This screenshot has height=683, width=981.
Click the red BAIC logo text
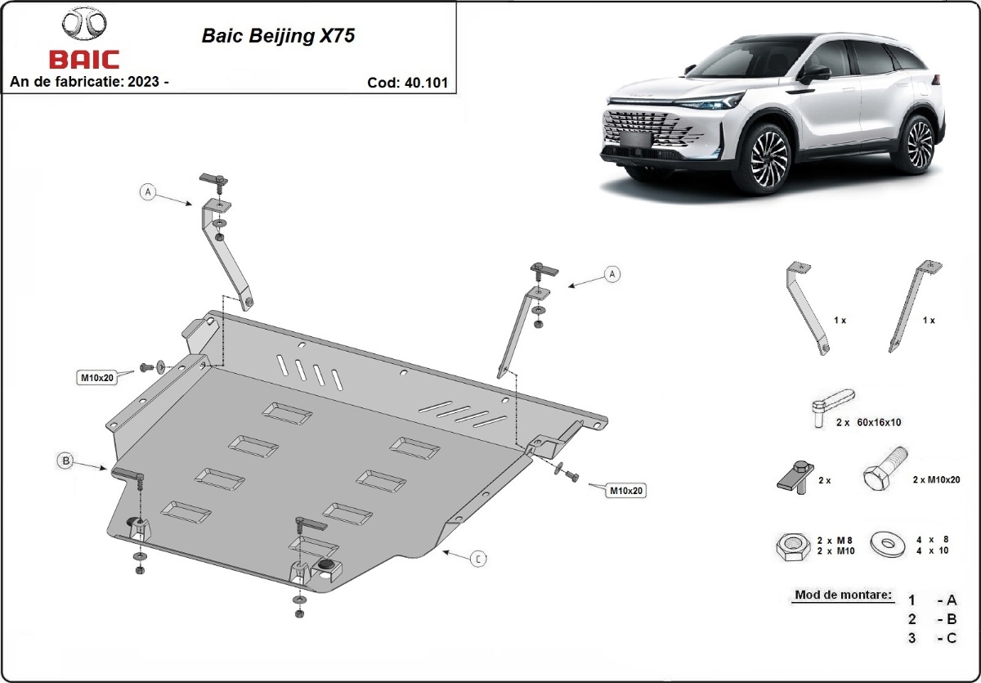coord(84,60)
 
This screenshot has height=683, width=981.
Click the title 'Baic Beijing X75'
coord(278,37)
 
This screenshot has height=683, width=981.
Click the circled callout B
coord(65,461)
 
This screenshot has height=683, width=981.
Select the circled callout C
coord(478,559)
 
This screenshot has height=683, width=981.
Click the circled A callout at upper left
coord(147,192)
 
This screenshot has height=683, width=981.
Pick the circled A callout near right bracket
coord(611,274)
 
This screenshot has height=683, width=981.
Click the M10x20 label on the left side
coord(96,377)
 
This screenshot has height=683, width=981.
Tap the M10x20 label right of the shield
coord(625,491)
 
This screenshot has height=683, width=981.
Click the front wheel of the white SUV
coord(768,155)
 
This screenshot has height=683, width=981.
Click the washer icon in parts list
coord(886,543)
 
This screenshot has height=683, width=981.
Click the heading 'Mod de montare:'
coord(842,595)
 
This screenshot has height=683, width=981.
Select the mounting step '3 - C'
coord(931,638)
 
